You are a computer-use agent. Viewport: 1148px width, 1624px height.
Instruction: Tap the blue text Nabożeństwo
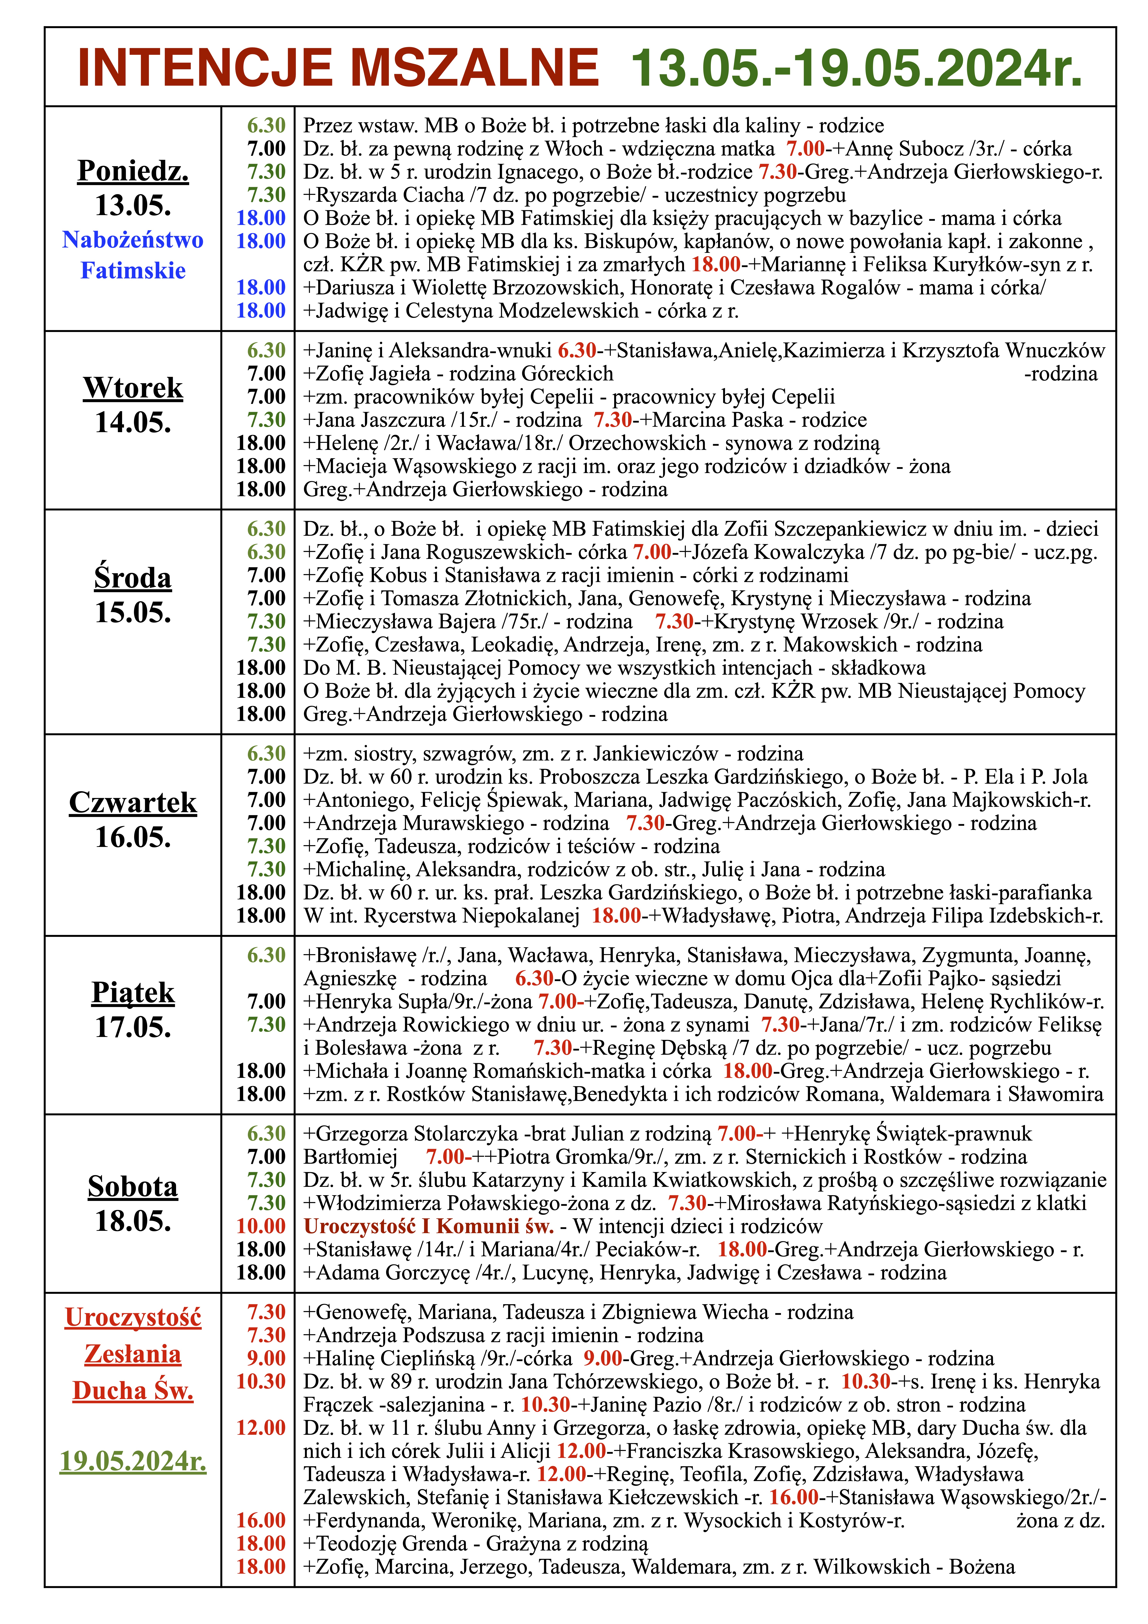133,240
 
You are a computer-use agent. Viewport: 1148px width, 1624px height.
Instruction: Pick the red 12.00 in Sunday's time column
261,1427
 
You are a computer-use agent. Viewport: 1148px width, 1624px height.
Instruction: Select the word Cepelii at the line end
803,397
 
